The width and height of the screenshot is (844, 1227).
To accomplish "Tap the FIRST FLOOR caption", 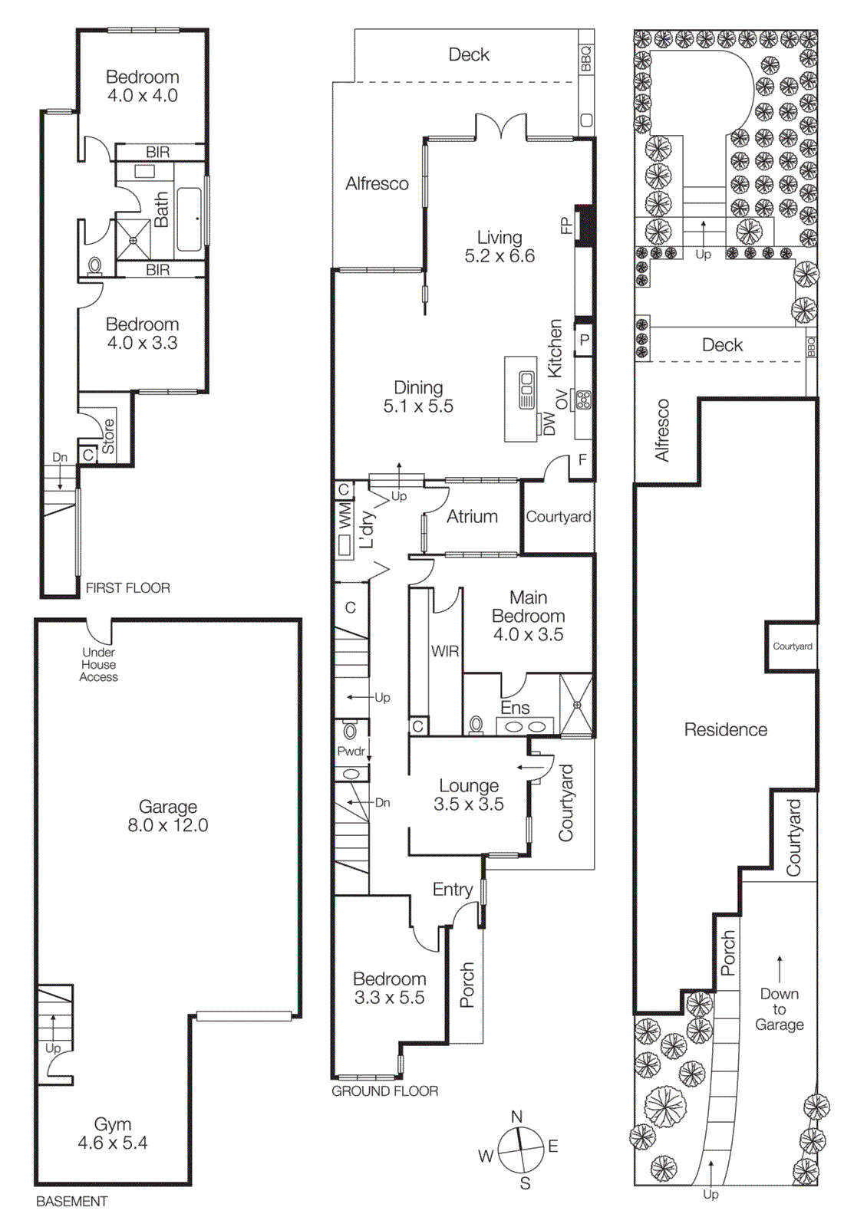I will tap(127, 588).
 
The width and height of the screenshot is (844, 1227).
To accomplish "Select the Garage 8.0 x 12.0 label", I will tap(168, 816).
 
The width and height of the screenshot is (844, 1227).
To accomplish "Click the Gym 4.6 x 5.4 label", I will tap(112, 1133).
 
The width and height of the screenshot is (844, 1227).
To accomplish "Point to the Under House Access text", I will tap(99, 665).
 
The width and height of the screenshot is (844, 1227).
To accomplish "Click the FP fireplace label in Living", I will tap(566, 225).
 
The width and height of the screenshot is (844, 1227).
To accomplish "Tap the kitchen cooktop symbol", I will tap(584, 400).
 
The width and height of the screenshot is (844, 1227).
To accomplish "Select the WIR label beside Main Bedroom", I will tap(445, 651).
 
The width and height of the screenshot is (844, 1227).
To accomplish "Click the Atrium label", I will tap(472, 517).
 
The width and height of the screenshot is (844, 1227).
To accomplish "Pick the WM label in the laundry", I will tap(345, 516).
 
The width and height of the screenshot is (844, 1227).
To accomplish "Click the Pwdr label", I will tap(351, 752).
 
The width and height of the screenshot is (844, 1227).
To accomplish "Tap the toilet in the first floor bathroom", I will tap(95, 266).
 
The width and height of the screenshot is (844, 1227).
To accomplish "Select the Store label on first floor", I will tap(108, 436).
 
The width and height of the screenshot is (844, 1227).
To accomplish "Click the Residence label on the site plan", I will tap(725, 730).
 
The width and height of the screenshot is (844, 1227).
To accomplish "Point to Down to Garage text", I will tap(779, 1009).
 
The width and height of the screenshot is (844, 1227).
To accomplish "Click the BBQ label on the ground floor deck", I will tap(586, 58).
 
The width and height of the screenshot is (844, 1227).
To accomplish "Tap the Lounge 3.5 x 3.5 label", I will tap(469, 795).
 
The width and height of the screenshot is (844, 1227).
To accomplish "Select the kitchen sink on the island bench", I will tap(527, 390).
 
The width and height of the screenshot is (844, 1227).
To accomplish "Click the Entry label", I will tap(452, 890).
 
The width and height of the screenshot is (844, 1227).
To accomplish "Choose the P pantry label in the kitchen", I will tap(584, 340).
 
